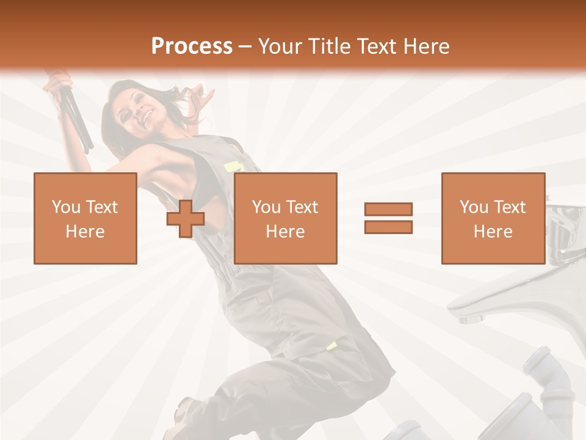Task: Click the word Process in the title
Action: point(192,46)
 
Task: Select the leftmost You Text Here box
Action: point(85,219)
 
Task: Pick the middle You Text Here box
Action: point(286,219)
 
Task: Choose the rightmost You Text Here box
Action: point(493,219)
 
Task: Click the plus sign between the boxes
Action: point(186,219)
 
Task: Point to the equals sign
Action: point(388,218)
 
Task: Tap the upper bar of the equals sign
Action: point(388,210)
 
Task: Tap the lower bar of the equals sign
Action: point(388,227)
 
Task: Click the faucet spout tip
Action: point(471,318)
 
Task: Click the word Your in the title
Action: point(279,46)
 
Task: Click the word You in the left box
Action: point(65,207)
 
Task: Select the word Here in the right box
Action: point(493,232)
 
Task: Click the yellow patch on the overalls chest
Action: point(234,166)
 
